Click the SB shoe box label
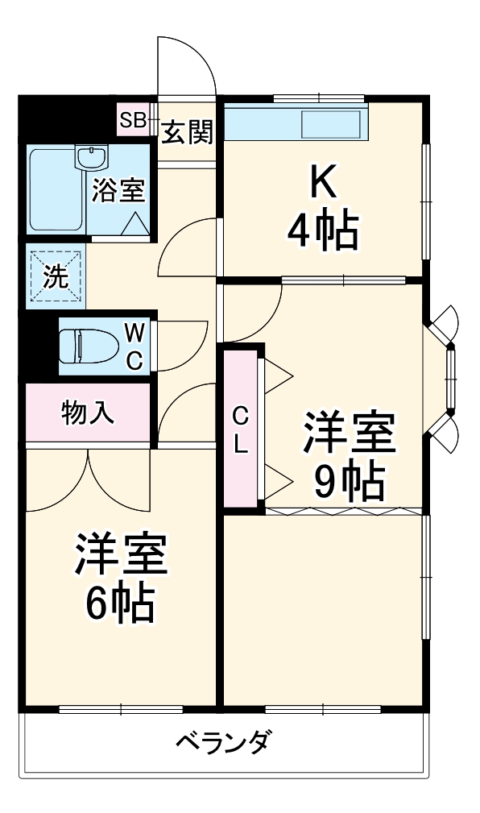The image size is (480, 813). click(132, 121)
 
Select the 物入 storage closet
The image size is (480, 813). click(88, 413)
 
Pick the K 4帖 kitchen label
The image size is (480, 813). click(322, 209)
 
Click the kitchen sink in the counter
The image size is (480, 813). click(330, 126)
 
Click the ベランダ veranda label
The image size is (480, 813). click(223, 740)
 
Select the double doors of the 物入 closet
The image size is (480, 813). click(89, 479)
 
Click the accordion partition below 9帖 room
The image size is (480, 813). click(342, 510)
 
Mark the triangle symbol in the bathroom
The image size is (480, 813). click(135, 223)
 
